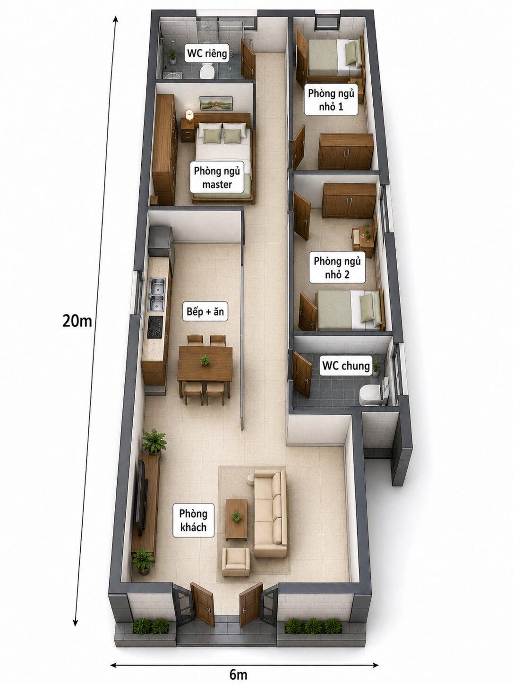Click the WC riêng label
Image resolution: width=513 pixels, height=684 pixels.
tap(207, 53)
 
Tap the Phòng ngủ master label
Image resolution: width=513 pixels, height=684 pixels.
tap(217, 178)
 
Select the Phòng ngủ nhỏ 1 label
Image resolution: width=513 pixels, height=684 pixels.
tap(331, 100)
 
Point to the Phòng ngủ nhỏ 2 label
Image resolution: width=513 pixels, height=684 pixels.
tap(337, 268)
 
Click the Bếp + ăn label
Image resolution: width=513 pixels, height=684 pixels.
tap(205, 311)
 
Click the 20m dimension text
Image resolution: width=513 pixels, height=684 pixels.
tap(77, 321)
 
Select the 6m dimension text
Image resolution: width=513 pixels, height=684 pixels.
tap(239, 673)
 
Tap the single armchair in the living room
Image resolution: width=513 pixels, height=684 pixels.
tap(236, 563)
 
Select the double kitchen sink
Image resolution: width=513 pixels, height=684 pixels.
tap(157, 295)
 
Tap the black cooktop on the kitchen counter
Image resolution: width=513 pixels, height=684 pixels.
tap(155, 327)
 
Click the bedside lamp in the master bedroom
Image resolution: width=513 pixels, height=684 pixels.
tap(189, 115)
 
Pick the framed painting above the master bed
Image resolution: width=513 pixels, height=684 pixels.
tap(216, 102)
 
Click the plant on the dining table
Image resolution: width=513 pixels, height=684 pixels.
tap(205, 360)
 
